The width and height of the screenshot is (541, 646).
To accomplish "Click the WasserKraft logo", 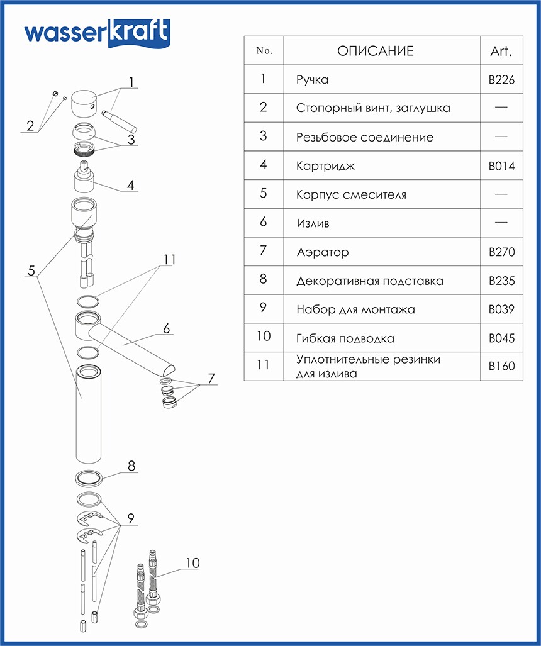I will coord(97,33).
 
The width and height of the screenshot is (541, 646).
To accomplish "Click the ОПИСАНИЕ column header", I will coord(375,51).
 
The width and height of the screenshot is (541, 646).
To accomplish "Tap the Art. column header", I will coord(501,51).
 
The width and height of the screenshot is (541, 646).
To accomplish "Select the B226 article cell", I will coord(501,80).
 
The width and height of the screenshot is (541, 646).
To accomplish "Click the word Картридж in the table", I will coord(325,166).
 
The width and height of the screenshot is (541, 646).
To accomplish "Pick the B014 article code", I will coord(501,166).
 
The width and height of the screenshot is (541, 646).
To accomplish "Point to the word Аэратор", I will coord(322,252).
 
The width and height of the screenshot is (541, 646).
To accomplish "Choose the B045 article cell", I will coord(501,338).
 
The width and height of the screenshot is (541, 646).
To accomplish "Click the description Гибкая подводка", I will coord(345,338).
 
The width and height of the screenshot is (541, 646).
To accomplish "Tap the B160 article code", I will coord(501,366).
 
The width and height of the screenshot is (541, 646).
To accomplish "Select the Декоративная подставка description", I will coord(370,281).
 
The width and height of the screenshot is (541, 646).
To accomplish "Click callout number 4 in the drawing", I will coord(130,186).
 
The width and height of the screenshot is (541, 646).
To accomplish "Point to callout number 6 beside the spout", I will coord(167,328).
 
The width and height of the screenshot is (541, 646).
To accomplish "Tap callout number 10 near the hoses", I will coord(192,563).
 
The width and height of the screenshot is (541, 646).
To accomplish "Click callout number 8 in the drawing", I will coord(131,466).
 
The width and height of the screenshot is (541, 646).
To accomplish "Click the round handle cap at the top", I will coord(86,103).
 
